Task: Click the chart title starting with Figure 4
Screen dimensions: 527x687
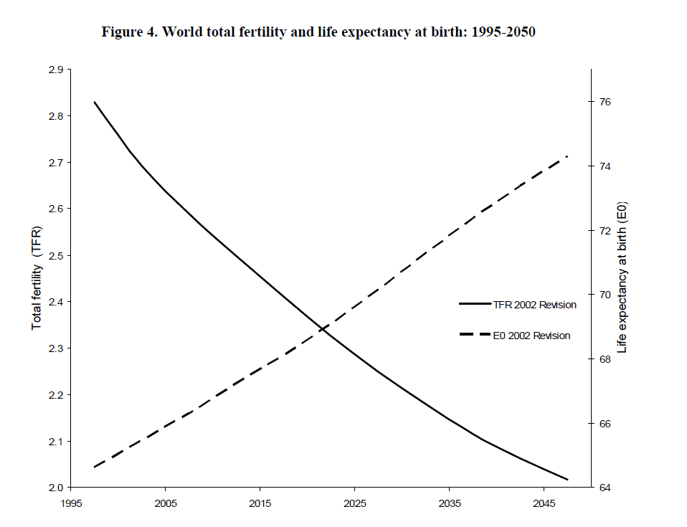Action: pos(318,32)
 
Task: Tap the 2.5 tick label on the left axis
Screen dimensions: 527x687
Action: pos(55,256)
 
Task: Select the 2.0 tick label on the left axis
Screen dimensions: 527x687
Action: pos(55,488)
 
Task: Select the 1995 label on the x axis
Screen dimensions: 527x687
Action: pos(71,503)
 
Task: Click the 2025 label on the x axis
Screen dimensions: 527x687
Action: pos(355,503)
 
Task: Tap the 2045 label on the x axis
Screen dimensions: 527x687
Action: pos(544,503)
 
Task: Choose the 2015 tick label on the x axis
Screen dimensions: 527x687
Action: pos(260,503)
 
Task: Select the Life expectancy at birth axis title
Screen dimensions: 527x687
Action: pos(622,279)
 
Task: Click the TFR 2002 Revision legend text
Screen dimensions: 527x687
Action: pos(534,305)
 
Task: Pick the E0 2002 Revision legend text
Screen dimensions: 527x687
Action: pos(531,336)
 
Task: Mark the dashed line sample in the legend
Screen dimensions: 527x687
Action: pos(474,335)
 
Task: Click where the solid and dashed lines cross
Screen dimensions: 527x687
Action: pos(323,329)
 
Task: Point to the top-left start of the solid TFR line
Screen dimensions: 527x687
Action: pos(95,103)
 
